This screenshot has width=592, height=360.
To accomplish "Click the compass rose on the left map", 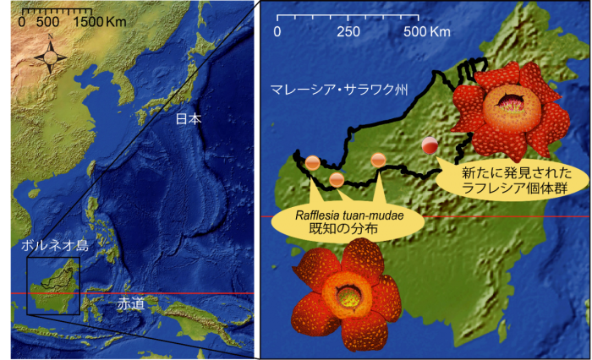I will point(51,57).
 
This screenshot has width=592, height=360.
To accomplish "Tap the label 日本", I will point(189,119).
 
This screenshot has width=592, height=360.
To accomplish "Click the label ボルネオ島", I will point(55,248).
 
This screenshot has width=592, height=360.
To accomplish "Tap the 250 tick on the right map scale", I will point(348,32).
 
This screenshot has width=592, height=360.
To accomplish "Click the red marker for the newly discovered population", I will point(430,145).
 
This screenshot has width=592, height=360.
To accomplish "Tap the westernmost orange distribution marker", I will point(312,161).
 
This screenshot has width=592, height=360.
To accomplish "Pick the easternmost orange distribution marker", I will point(378,159).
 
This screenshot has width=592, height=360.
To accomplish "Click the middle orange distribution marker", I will point(337,178).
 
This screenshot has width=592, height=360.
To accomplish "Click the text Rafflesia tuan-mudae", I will point(348,215).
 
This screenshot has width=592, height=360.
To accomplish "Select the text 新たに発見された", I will point(507,173).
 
